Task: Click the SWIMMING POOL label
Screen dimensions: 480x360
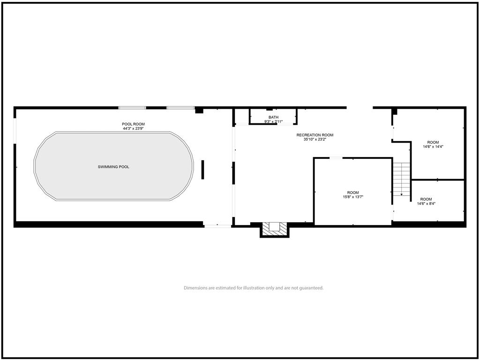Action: [113, 167]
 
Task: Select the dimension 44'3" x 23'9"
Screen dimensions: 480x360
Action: [133, 128]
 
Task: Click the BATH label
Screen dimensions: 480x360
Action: [273, 117]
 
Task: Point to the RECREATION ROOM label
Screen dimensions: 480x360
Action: [315, 135]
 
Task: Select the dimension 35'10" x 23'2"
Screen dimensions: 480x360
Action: [315, 140]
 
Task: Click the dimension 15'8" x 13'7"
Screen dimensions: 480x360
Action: [353, 197]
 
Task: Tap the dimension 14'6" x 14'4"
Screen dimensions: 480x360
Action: [433, 146]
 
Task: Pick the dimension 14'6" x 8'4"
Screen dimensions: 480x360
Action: [426, 203]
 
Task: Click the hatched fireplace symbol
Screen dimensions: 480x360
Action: [275, 229]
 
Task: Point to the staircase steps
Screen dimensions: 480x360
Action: [402, 179]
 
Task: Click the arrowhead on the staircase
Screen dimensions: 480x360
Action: [402, 194]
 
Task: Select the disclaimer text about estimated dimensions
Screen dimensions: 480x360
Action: [254, 288]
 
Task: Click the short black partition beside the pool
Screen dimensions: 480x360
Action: [202, 170]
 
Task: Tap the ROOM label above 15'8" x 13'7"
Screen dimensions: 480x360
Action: [353, 193]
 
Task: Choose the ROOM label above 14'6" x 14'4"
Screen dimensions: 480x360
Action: [433, 142]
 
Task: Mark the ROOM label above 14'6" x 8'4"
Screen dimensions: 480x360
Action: [426, 199]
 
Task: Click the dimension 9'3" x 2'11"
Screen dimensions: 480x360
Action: [273, 121]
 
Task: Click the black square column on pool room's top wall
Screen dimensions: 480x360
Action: [199, 110]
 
